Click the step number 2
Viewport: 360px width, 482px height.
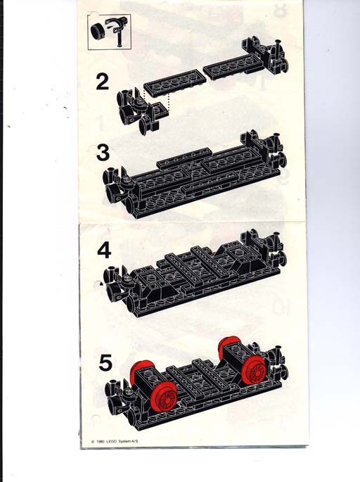(102, 82)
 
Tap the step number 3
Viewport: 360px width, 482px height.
(103, 153)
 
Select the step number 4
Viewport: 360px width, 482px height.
(104, 250)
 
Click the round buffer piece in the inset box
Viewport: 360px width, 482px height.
(97, 32)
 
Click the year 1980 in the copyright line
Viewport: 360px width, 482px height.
(101, 441)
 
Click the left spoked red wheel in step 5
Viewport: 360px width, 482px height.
(163, 398)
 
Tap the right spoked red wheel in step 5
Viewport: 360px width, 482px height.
(254, 369)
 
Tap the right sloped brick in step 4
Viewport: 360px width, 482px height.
(236, 258)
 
